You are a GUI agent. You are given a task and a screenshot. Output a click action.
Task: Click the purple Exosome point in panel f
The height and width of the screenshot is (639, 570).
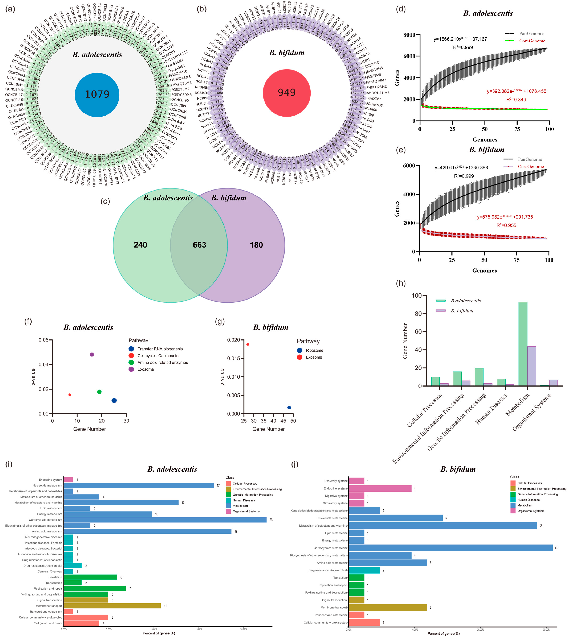click(92, 354)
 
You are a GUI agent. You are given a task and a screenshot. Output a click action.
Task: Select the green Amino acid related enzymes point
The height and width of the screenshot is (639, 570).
click(99, 392)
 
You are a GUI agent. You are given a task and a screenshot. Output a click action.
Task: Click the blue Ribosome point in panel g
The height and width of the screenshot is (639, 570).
click(289, 407)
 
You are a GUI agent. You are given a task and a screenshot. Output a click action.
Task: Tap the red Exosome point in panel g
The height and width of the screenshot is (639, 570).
click(248, 344)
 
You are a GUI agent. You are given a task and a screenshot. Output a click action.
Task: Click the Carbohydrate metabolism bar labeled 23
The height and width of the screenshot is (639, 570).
click(165, 520)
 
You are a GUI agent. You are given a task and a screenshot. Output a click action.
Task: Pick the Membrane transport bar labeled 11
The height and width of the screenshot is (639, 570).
click(112, 606)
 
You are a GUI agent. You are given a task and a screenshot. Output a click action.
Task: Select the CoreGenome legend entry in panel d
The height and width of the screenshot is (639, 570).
click(532, 41)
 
